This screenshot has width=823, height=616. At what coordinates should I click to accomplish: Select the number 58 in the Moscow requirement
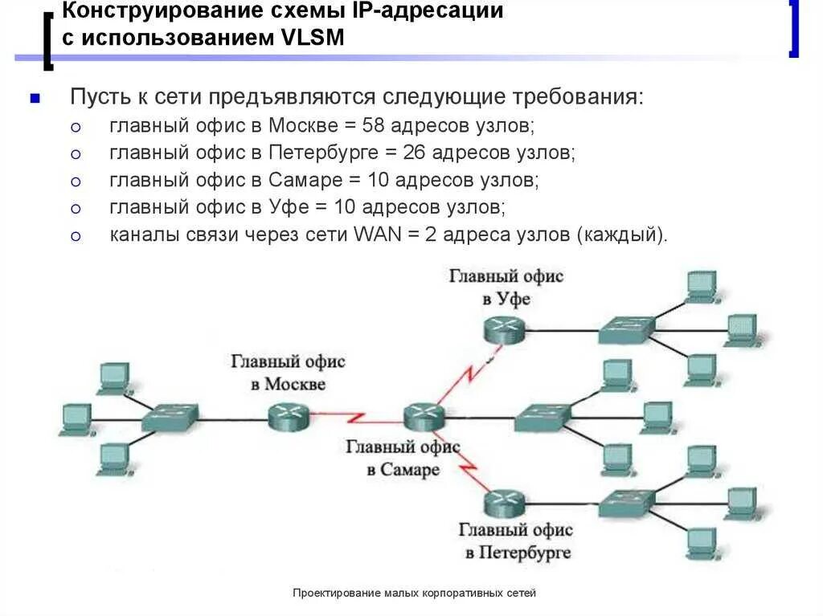click(x=375, y=126)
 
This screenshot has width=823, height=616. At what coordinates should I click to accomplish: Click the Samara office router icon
click(x=424, y=414)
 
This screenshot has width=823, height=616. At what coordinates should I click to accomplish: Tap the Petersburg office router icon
click(x=505, y=504)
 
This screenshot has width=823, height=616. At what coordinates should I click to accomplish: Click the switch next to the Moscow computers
click(x=170, y=418)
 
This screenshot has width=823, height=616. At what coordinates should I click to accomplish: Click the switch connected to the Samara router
click(x=542, y=416)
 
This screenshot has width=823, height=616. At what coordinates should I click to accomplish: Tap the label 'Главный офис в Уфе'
click(x=506, y=288)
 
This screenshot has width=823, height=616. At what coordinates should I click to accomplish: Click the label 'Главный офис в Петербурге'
click(x=515, y=541)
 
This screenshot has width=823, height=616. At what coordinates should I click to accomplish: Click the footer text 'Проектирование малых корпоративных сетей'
click(x=414, y=593)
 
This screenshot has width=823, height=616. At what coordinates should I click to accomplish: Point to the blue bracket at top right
click(x=794, y=31)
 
